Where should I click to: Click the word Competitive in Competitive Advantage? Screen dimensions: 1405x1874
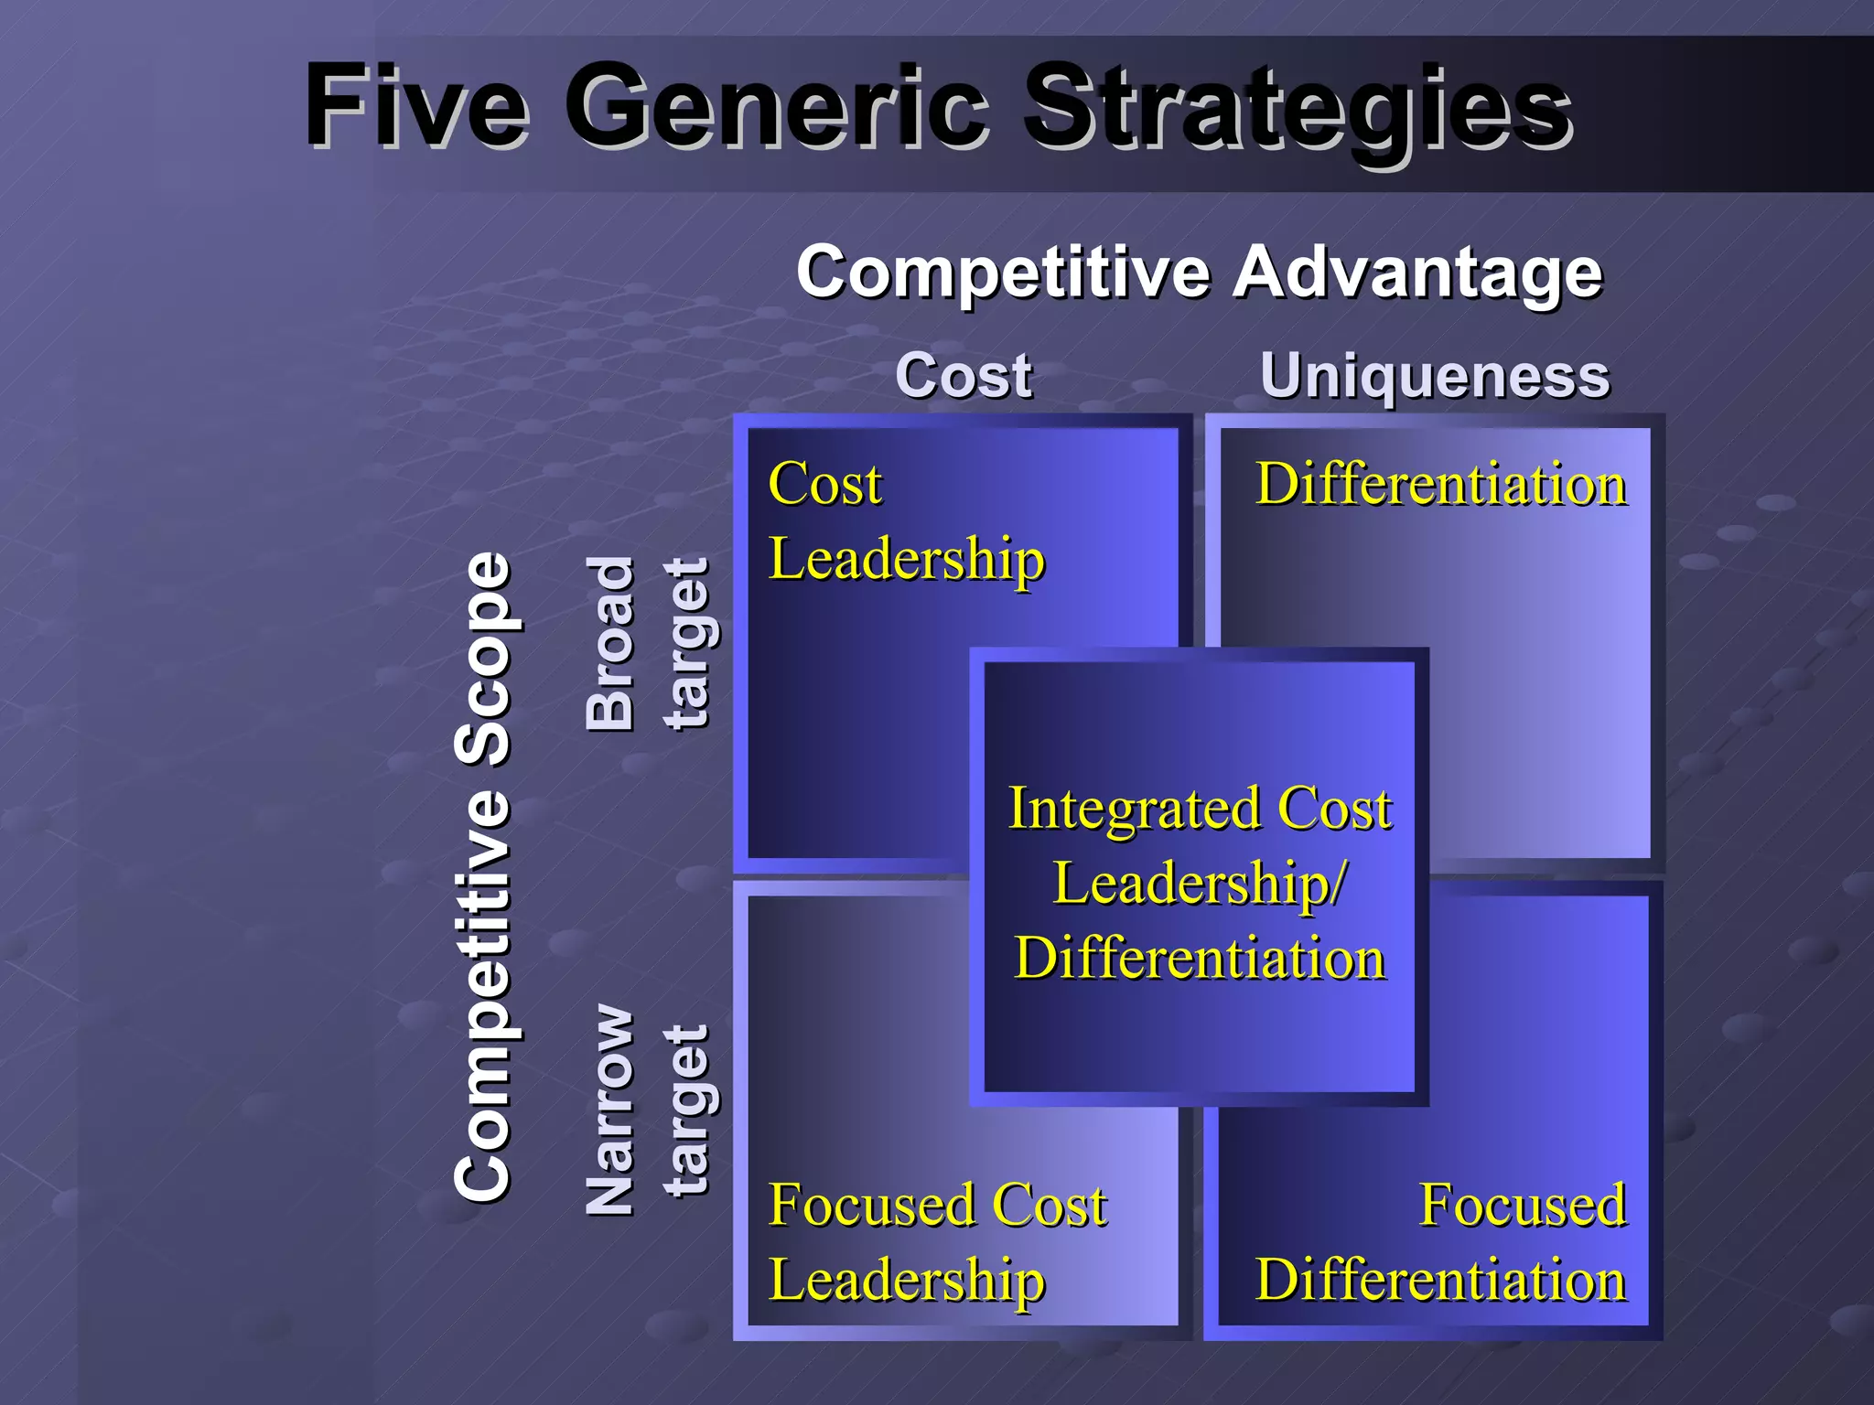click(1002, 272)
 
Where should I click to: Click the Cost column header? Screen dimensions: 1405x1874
click(964, 375)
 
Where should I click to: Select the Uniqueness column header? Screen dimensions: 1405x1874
click(1434, 375)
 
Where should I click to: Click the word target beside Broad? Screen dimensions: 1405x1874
click(687, 643)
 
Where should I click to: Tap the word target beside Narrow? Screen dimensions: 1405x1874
click(687, 1110)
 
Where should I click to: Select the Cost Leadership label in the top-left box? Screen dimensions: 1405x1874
click(906, 520)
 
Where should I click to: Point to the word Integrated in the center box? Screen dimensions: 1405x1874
click(1135, 809)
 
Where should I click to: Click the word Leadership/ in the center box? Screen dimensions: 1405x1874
click(1200, 884)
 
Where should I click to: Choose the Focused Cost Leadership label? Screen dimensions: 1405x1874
click(937, 1241)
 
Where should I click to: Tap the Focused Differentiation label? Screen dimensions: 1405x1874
click(1440, 1241)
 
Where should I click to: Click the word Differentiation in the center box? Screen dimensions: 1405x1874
click(1200, 959)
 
